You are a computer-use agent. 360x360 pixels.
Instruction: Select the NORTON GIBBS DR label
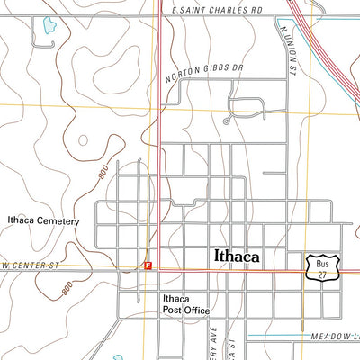[205, 70]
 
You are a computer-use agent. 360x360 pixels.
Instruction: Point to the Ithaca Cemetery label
[43, 220]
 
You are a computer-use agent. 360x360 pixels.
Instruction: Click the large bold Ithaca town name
[237, 256]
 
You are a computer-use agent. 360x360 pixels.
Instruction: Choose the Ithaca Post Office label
[186, 304]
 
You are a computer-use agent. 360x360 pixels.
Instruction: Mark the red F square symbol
[149, 265]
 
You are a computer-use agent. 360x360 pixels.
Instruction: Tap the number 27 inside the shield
[323, 273]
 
